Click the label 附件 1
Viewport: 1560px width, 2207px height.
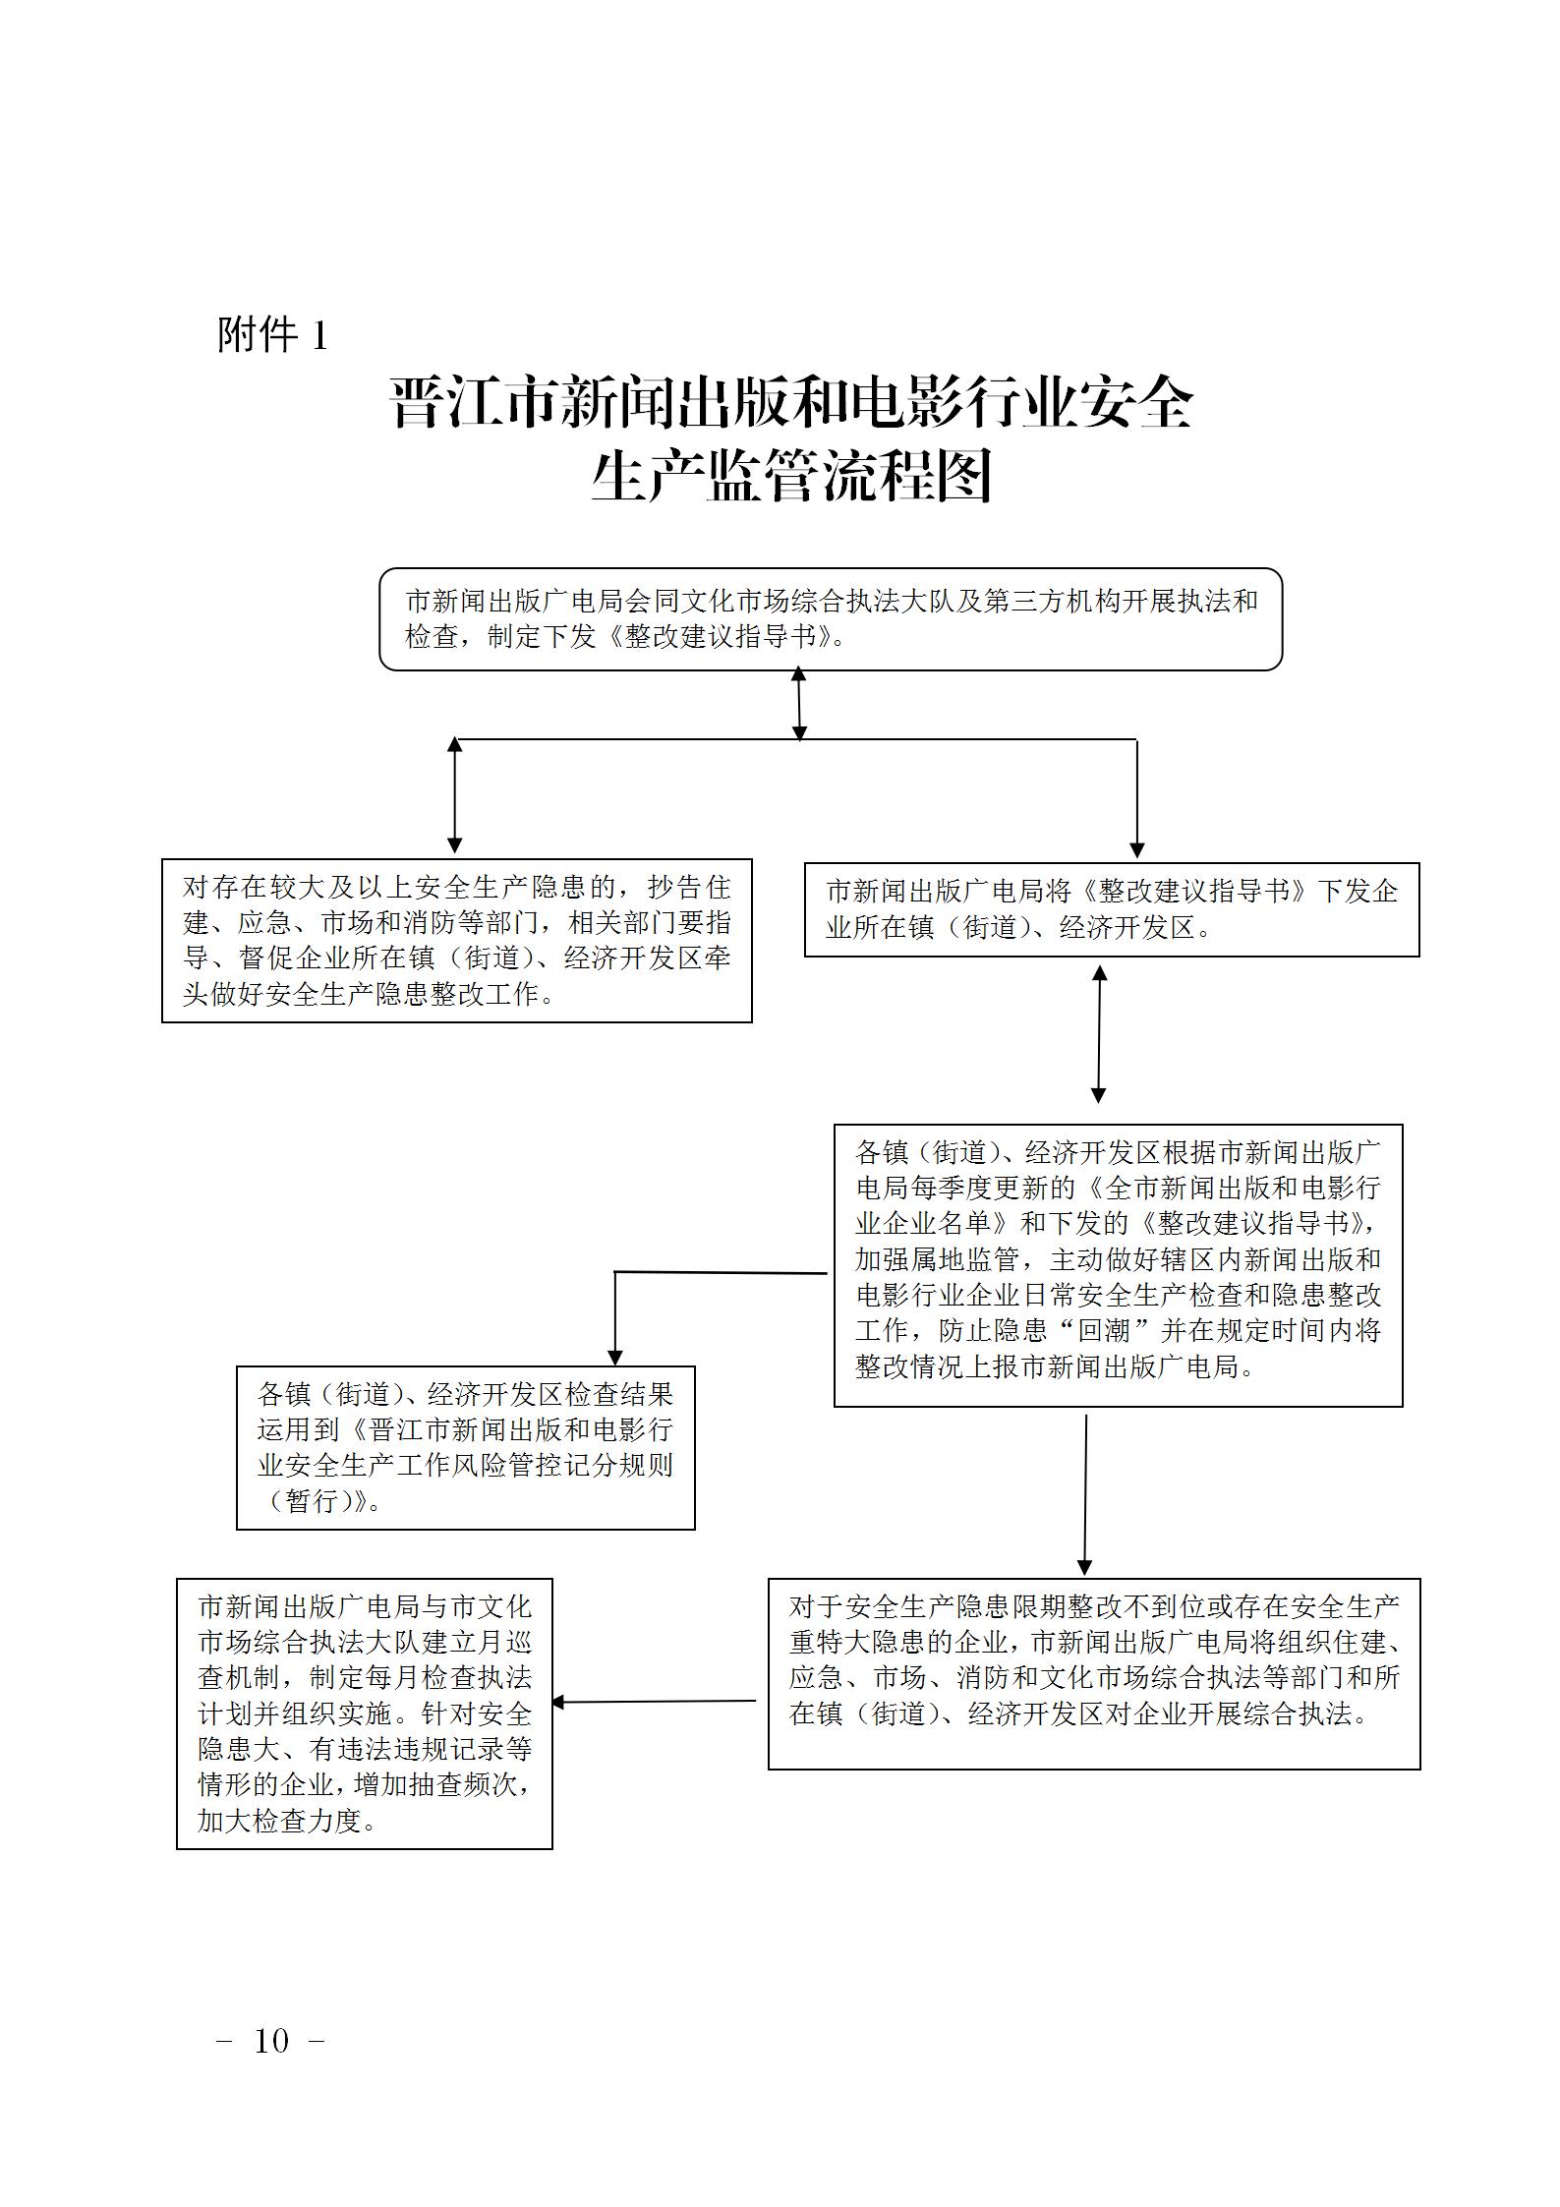[x=271, y=336]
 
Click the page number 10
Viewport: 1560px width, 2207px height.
[x=271, y=2041]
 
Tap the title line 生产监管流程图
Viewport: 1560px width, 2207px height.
[x=791, y=478]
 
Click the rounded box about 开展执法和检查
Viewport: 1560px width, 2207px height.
[x=831, y=619]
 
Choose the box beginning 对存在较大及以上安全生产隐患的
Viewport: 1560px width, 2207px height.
[x=456, y=940]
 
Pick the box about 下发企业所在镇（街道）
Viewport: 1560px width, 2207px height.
[x=1111, y=909]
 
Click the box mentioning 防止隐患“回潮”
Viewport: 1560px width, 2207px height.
[x=1118, y=1265]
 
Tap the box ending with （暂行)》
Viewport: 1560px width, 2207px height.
[x=465, y=1447]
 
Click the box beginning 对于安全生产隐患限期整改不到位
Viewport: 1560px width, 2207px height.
[x=1093, y=1674]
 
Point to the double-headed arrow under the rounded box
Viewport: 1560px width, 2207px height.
[x=799, y=704]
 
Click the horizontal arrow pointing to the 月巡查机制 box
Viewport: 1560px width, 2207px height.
[x=654, y=1702]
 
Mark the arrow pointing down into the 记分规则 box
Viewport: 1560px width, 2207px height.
[x=615, y=1317]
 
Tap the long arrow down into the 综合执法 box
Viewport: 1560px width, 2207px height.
[x=1085, y=1494]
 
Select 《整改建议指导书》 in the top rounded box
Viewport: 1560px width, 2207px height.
[x=721, y=637]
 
